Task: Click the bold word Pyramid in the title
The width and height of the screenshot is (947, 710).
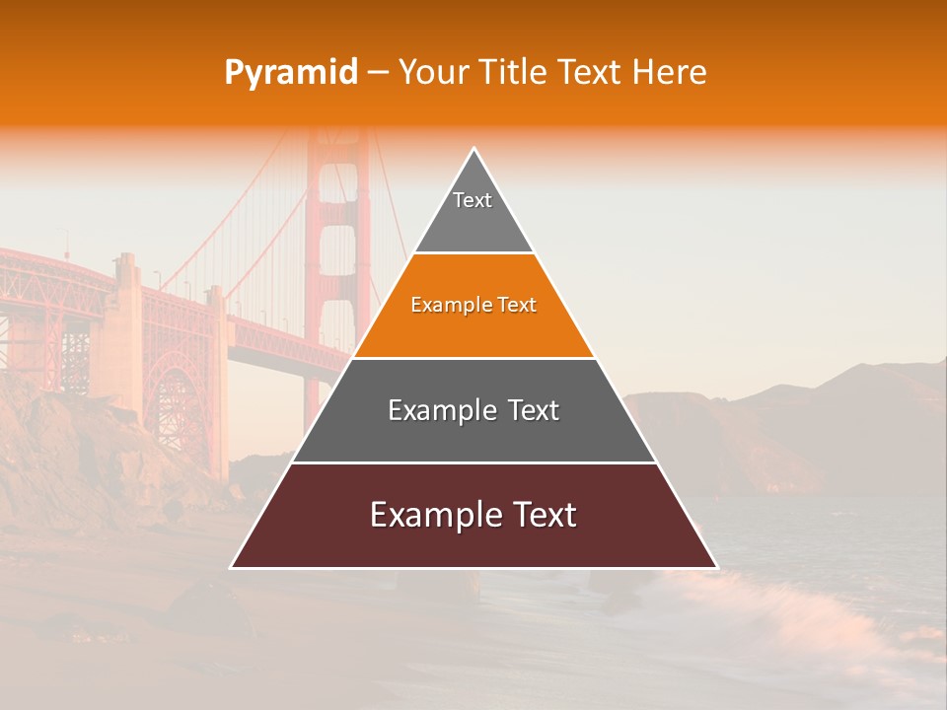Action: tap(291, 73)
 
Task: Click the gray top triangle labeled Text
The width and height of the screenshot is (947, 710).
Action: tap(473, 212)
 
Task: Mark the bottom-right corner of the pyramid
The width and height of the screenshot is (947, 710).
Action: tap(716, 567)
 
